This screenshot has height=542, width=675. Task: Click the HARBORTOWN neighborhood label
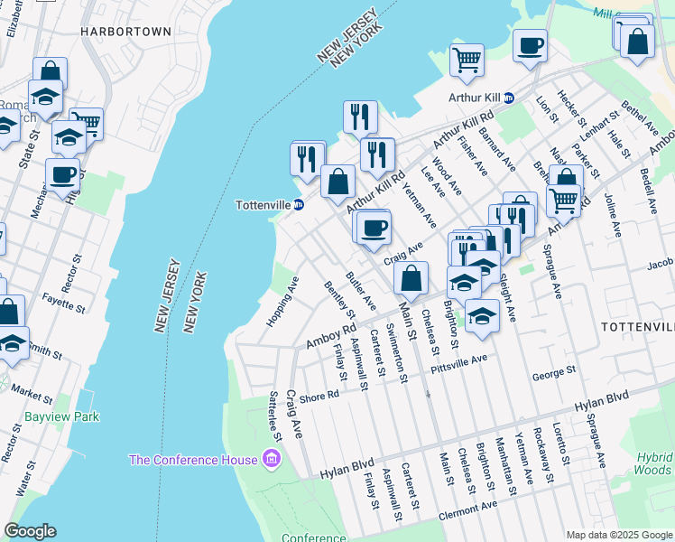125,31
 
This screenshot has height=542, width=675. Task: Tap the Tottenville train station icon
299,205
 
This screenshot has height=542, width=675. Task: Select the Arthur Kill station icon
508,98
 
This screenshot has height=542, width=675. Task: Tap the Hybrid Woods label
652,464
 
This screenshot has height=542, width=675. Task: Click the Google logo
30,531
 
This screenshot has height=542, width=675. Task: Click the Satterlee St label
275,416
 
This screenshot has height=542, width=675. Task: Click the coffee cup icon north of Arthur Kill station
530,44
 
